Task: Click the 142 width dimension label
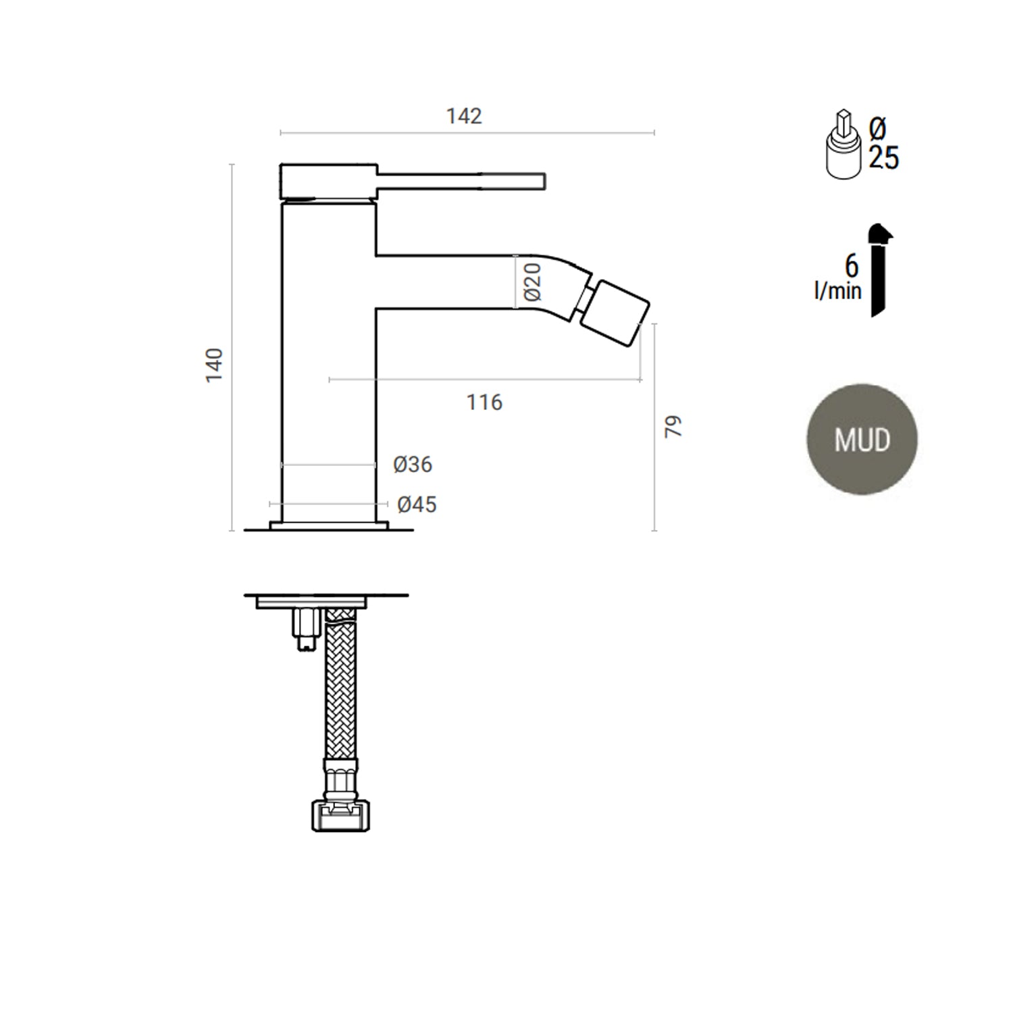(x=464, y=116)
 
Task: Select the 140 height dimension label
(x=214, y=365)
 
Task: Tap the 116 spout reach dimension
(x=484, y=402)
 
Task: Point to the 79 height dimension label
(x=673, y=426)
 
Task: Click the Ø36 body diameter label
(x=413, y=465)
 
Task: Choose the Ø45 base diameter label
(x=417, y=504)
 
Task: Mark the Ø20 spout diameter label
(x=533, y=282)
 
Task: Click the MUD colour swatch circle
(x=862, y=440)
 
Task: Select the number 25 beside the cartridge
(x=883, y=158)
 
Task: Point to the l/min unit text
(x=837, y=291)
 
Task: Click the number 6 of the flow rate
(x=852, y=265)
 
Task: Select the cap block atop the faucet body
(x=328, y=181)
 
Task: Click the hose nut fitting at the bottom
(x=341, y=814)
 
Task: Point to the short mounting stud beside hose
(x=305, y=628)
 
